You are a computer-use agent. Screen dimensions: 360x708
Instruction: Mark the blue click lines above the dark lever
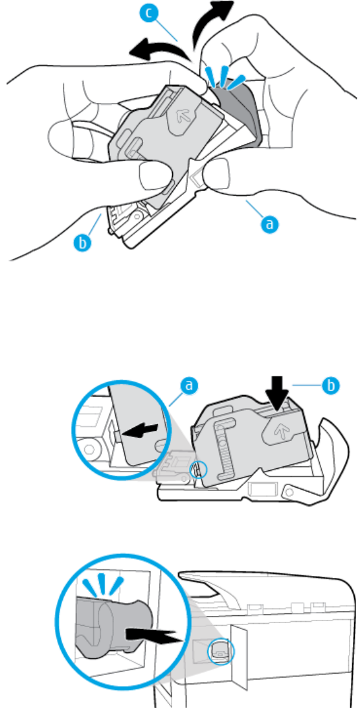224,76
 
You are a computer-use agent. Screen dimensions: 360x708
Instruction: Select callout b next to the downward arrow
330,385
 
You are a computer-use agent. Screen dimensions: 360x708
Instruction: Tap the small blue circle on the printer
221,650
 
